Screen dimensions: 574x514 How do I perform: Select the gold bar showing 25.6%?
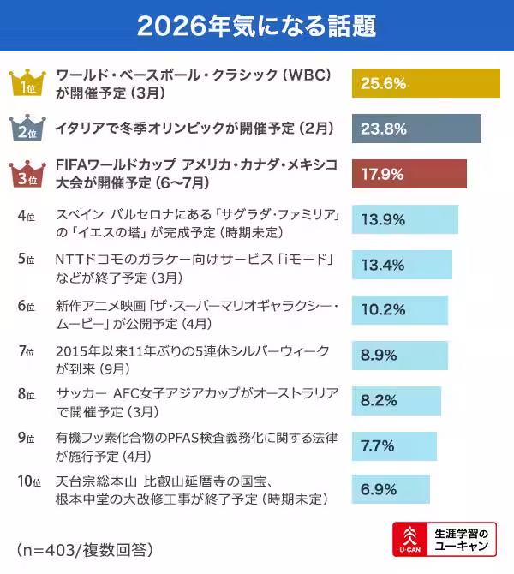(426, 83)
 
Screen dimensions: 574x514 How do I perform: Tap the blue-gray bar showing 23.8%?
(416, 129)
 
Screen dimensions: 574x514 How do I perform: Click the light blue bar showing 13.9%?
(405, 219)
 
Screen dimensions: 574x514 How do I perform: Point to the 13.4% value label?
(383, 265)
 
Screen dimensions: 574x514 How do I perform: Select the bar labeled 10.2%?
(400, 309)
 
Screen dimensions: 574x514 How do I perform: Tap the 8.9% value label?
(380, 355)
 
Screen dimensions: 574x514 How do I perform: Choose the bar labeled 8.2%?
(397, 400)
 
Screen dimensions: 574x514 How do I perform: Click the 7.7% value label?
(378, 445)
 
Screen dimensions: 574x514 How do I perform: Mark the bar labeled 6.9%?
(391, 490)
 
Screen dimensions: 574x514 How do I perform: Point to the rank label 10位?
(29, 482)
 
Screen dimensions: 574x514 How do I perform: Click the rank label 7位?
(26, 351)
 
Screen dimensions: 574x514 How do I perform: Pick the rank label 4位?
(26, 214)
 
